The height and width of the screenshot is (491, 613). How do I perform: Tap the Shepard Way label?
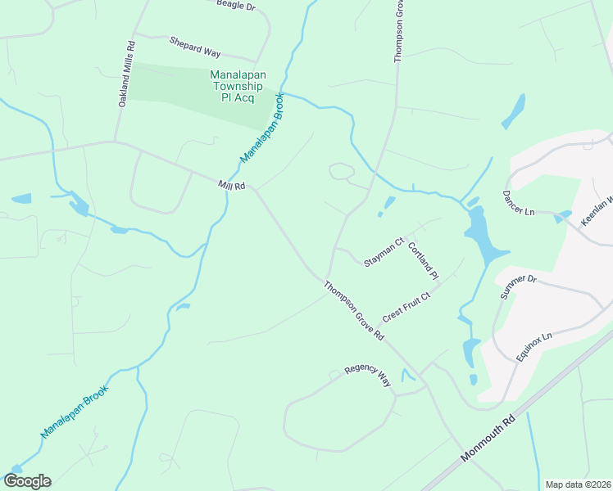pos(195,47)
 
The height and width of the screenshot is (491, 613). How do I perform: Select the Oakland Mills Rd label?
pos(125,74)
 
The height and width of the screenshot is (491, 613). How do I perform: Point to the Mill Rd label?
pos(232,186)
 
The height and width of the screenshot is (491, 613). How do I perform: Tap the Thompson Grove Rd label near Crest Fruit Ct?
pos(354,311)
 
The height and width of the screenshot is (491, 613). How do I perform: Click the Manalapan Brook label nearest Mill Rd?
pos(262,128)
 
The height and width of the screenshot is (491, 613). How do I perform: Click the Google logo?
pos(27,481)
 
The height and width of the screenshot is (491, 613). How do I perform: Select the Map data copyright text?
pos(578,484)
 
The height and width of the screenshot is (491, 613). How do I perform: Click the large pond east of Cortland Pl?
pos(479,233)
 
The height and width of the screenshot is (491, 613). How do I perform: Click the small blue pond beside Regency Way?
pos(408,376)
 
